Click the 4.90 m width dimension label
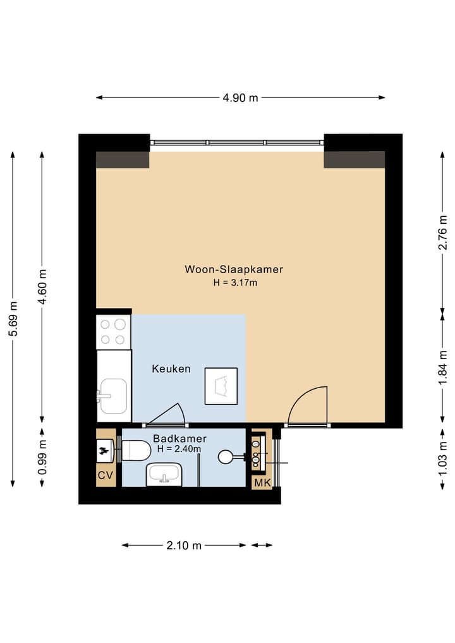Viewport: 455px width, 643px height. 240,97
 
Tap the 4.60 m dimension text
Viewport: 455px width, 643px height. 42,287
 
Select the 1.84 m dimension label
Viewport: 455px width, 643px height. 443,367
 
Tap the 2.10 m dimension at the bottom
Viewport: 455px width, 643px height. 184,545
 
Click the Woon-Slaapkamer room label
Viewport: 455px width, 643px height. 234,269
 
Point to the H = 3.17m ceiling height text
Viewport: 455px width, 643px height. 235,283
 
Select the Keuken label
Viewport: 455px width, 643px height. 171,369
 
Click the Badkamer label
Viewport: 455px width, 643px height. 179,438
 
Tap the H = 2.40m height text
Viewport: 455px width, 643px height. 179,449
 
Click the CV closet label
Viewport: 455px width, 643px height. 105,475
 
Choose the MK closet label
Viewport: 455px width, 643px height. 261,483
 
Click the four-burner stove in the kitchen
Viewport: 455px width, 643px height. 113,332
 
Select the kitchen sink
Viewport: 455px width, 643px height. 114,396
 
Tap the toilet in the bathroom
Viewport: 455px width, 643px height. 135,450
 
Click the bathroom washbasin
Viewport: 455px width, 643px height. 164,474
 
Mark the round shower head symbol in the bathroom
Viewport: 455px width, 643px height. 226,456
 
